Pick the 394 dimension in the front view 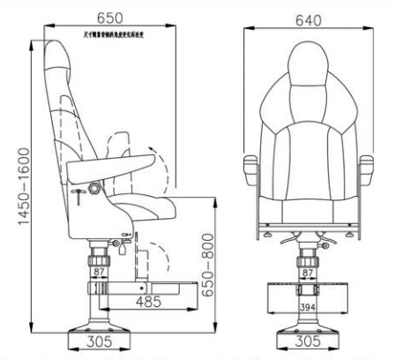[x=308, y=306]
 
